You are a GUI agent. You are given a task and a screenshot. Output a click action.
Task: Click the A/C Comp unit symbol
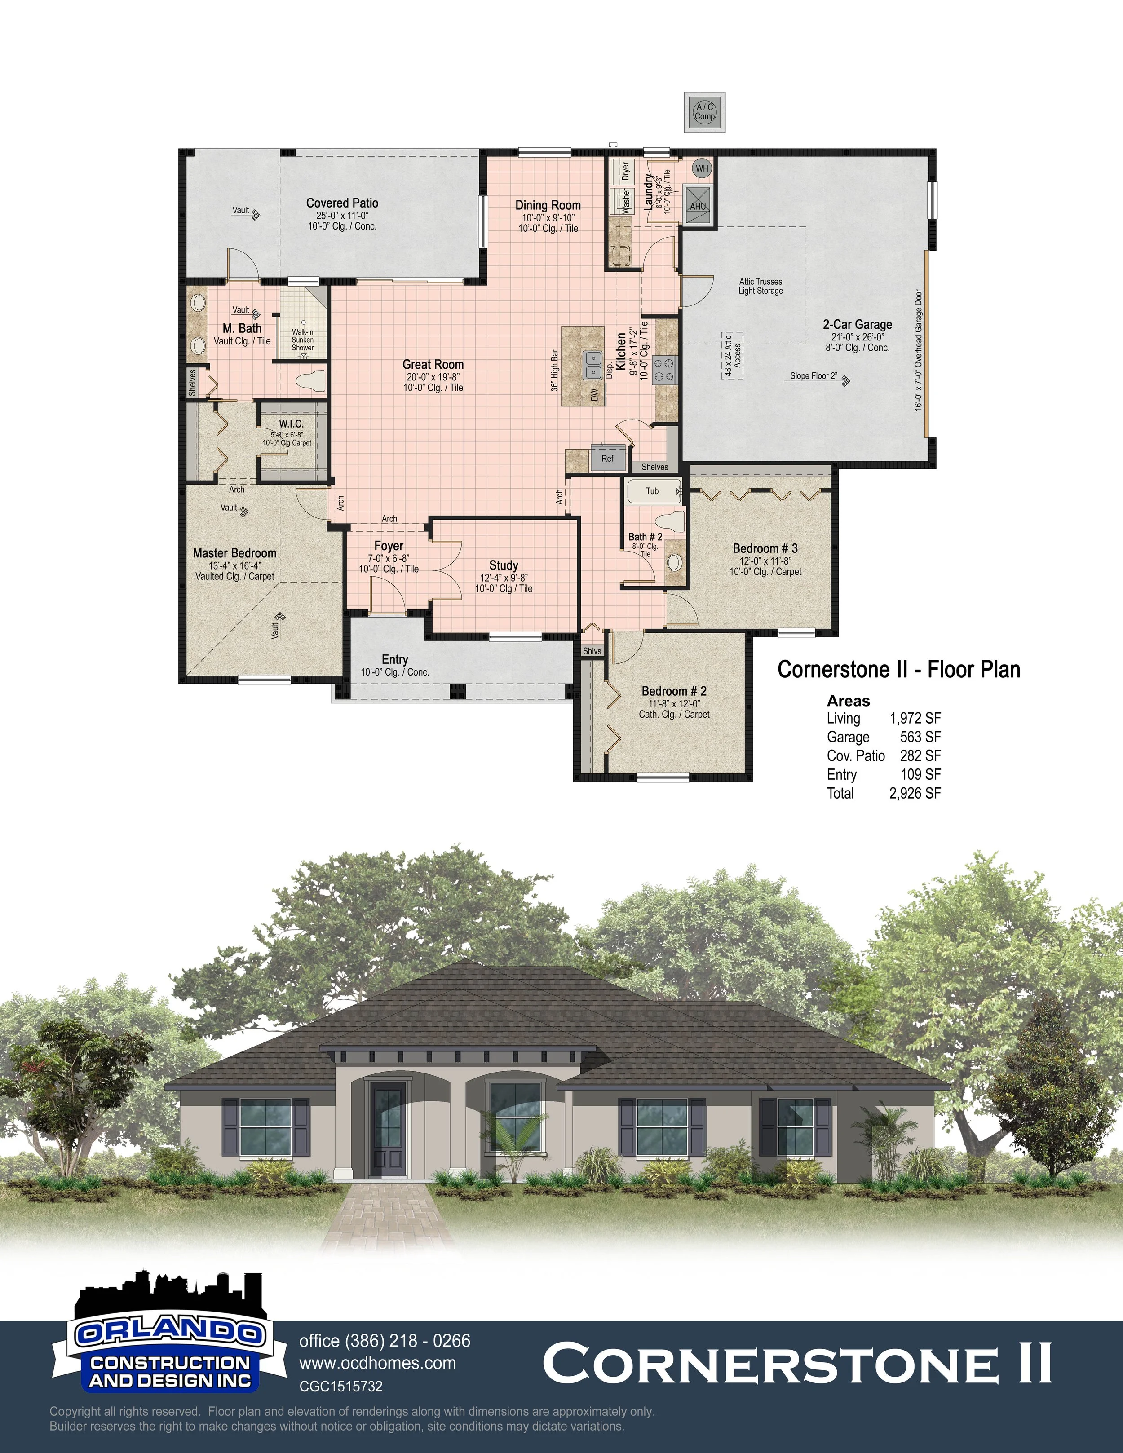704,111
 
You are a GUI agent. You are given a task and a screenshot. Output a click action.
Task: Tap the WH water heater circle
702,168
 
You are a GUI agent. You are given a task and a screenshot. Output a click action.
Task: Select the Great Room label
433,365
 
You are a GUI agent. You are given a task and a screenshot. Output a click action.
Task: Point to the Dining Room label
548,206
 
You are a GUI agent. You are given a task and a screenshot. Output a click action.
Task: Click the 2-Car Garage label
858,325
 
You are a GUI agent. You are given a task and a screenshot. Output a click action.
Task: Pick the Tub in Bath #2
653,491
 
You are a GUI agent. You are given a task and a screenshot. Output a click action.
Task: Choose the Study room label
504,565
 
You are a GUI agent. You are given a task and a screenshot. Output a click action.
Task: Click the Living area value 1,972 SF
915,719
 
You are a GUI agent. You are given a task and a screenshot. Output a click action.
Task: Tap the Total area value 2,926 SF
915,793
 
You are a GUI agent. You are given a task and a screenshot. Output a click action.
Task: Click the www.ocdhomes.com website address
377,1363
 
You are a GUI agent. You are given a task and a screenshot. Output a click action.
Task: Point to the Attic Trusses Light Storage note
760,286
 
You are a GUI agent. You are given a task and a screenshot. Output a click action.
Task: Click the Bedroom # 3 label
765,549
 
